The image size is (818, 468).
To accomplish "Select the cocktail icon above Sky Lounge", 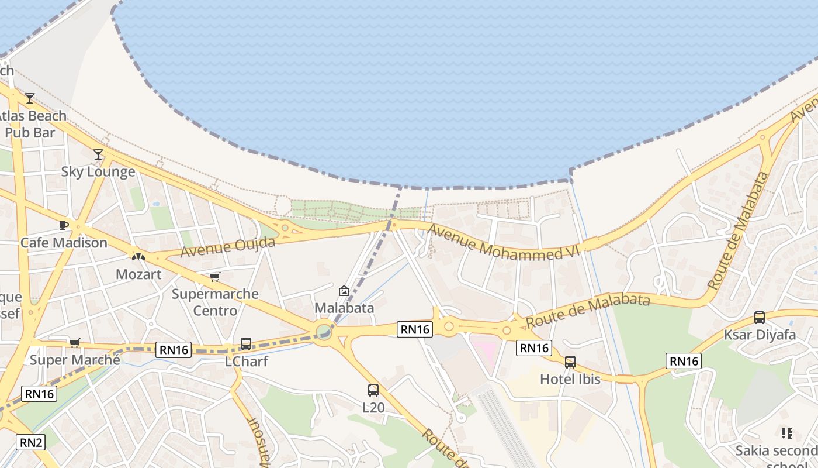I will point(98,154).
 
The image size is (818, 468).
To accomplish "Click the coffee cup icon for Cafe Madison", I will point(64,226).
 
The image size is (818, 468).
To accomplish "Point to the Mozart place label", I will point(138,274).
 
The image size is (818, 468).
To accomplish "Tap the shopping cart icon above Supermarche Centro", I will point(215,277).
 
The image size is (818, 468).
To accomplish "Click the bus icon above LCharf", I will point(246,344).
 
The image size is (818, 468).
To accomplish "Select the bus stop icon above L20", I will point(373,390).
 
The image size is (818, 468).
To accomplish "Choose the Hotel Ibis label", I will point(570,379).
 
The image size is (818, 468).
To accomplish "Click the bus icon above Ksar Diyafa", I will point(760,318).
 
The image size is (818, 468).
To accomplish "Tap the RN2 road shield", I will point(32,442).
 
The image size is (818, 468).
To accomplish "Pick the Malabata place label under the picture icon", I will point(344,308).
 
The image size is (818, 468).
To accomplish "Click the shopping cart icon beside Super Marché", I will point(74,343).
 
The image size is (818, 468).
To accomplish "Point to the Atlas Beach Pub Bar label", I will point(32,124).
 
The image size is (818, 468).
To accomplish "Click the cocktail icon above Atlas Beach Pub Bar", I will point(30,98).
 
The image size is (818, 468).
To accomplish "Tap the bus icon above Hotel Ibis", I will point(570,362).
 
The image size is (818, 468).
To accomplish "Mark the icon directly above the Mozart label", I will point(138,256).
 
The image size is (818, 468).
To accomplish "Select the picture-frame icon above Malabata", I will point(344,291).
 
